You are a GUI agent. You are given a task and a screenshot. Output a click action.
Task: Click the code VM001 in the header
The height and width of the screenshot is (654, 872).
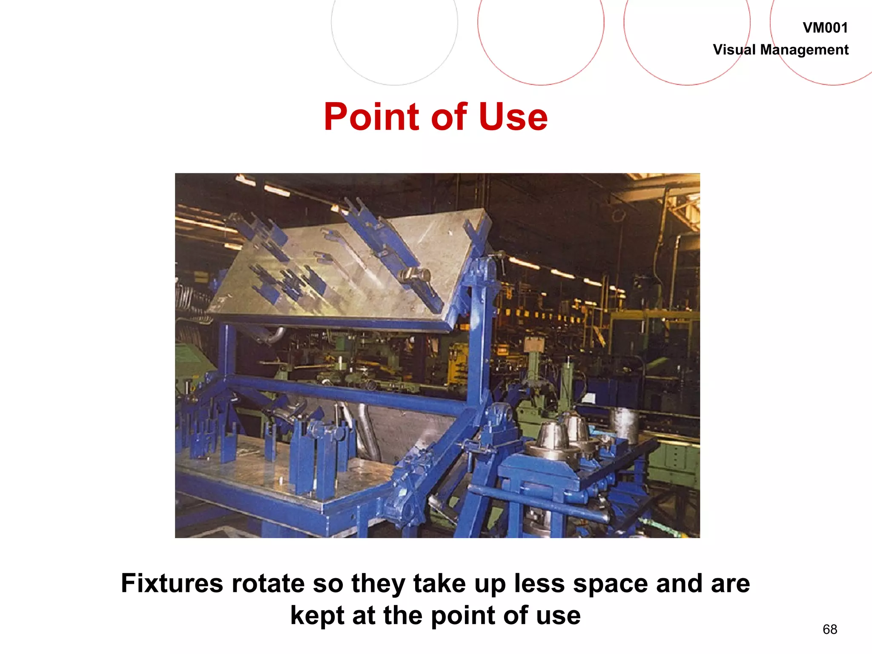coord(825,28)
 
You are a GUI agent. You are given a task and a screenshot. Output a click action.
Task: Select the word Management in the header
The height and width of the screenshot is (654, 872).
coord(804,50)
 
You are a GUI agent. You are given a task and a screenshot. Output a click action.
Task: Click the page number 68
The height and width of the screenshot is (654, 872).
coord(830,629)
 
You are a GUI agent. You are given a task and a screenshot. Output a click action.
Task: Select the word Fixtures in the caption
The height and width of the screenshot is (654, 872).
coord(172,583)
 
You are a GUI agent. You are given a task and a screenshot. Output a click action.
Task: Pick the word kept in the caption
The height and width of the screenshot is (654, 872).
coord(317,616)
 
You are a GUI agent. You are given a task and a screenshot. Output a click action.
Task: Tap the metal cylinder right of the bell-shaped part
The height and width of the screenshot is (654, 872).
coord(624,424)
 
